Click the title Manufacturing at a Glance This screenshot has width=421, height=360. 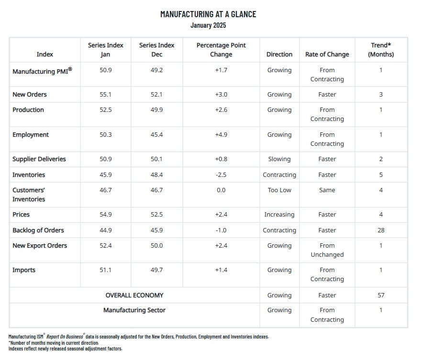coord(208,14)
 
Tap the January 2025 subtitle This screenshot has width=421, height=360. coord(208,25)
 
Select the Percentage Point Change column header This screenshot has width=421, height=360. coord(221,50)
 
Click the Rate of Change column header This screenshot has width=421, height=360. coord(327,55)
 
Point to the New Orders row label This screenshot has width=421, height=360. coord(30,95)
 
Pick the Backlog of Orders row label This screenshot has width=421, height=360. coord(38,230)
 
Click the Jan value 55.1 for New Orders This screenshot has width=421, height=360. coord(105,95)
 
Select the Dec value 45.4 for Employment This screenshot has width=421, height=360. coord(156,135)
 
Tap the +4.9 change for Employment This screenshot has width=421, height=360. coord(221,135)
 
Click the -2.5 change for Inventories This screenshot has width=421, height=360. coord(221,175)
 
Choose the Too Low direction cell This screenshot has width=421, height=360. coord(279,190)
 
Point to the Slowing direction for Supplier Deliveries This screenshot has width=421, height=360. coord(279,159)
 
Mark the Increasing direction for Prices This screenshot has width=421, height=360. coord(279,215)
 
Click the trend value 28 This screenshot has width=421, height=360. coord(381,230)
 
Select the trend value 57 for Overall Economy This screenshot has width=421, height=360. coord(381,295)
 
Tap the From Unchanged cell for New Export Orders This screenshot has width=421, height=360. coord(327,250)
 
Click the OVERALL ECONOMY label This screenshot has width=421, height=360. coord(134,295)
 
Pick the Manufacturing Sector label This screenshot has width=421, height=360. coord(134,310)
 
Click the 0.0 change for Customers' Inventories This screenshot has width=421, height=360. coord(221,190)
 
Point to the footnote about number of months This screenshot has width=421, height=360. coord(54,343)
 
